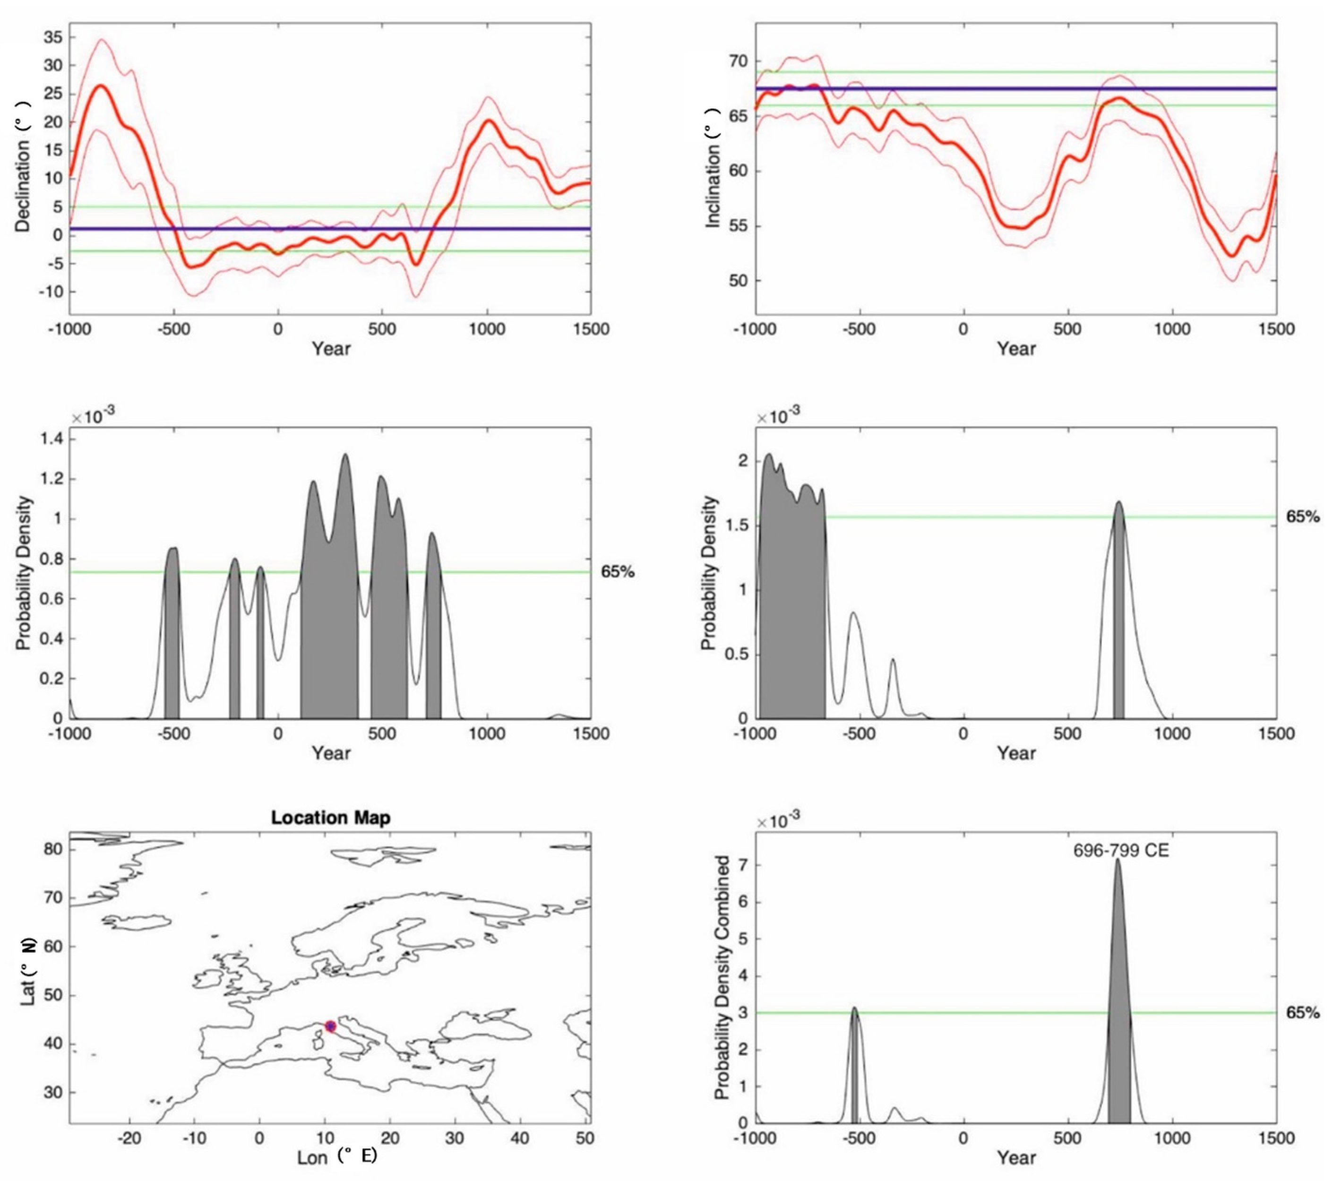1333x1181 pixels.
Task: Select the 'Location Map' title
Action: pyautogui.click(x=331, y=818)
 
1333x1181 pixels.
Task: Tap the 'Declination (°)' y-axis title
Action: pyautogui.click(x=24, y=168)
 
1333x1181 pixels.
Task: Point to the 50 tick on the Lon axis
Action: pyautogui.click(x=585, y=1138)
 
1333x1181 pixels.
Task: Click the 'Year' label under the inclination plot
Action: pyautogui.click(x=1015, y=348)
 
